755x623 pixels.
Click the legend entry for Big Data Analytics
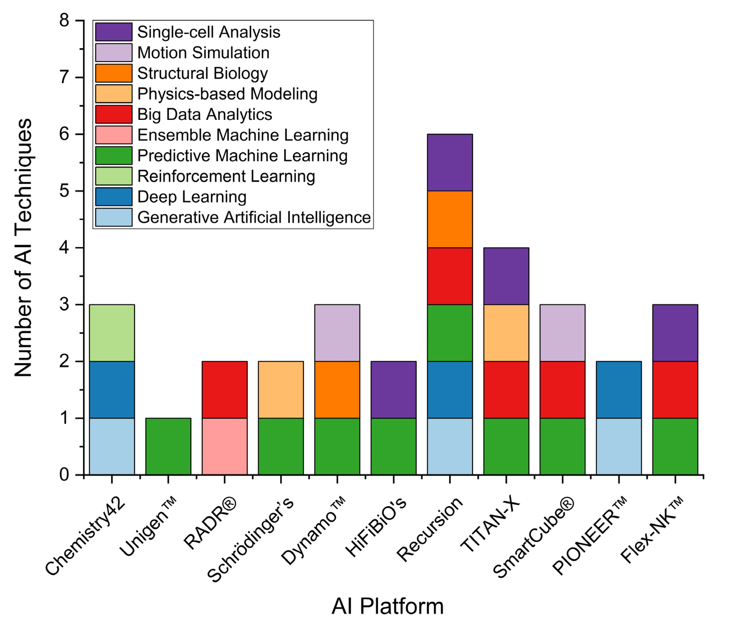[x=205, y=114]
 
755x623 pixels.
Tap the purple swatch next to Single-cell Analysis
[x=113, y=32]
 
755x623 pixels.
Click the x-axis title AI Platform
[x=387, y=606]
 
